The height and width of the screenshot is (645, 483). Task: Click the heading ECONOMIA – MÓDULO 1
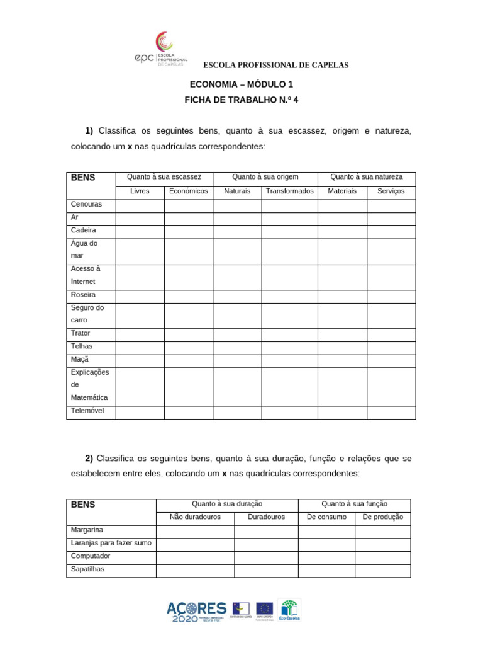241,84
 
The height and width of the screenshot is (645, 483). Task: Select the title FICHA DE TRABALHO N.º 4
241,100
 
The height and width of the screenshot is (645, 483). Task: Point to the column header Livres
140,191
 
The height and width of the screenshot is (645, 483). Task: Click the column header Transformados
289,191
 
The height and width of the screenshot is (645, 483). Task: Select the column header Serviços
391,191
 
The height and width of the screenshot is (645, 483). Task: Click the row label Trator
81,333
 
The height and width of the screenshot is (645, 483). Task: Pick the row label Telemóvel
87,411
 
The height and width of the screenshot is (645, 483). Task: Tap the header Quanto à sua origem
265,177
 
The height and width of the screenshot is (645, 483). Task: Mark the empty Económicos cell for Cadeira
189,231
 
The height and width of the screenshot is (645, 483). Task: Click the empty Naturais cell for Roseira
237,295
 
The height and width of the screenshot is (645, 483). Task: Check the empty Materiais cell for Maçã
342,360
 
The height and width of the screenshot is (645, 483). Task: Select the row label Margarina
87,530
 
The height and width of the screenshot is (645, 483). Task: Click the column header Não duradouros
195,517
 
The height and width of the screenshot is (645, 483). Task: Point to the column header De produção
382,517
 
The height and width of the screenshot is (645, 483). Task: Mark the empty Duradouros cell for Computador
266,557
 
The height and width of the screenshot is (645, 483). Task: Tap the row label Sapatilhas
88,569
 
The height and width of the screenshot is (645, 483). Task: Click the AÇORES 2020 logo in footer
196,611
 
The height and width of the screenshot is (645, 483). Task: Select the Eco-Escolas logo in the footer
289,610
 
